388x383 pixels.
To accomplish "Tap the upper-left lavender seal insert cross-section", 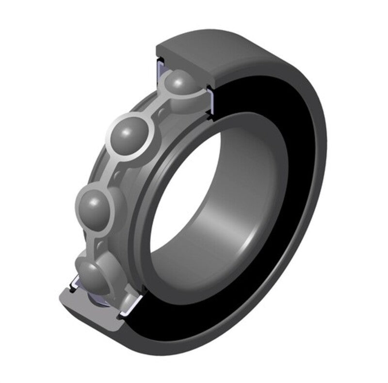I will (160, 71).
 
